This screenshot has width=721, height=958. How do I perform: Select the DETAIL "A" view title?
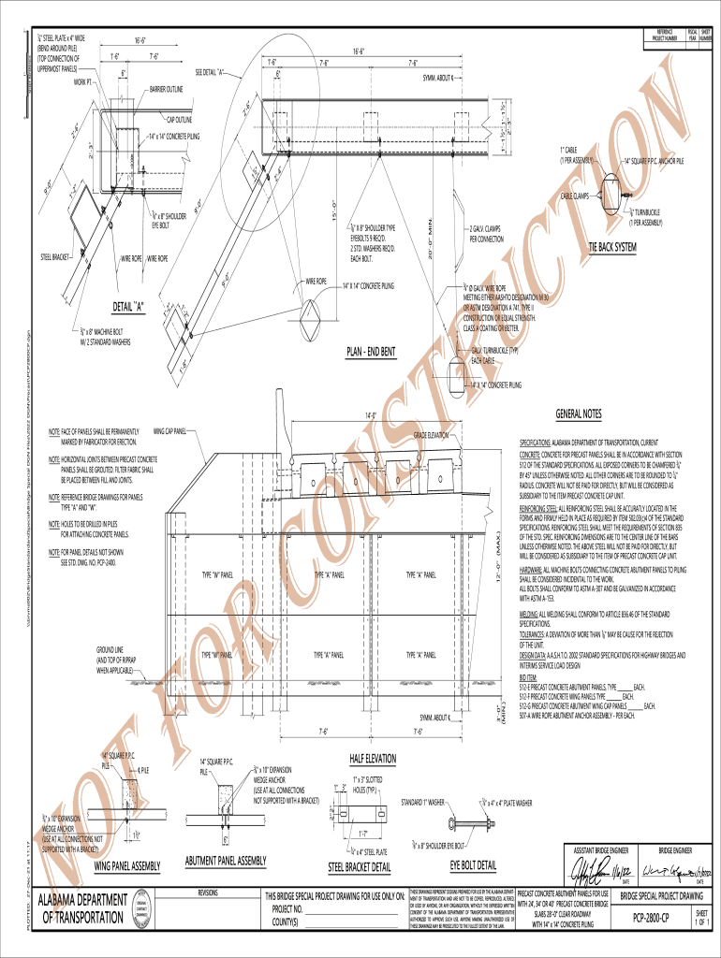128,306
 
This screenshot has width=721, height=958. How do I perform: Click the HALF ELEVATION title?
373,758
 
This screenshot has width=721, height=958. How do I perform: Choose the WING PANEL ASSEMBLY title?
128,864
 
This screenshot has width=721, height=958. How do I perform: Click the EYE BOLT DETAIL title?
473,864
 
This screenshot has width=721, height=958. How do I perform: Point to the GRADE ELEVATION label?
432,436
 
